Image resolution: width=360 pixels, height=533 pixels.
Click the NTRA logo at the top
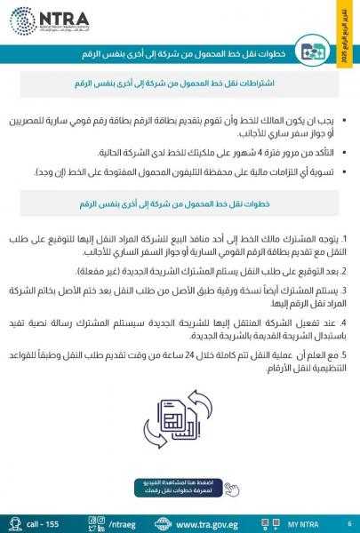point(45,19)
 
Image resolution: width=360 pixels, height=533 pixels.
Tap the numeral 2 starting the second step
point(344,270)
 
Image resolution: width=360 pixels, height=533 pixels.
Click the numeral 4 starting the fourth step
point(344,322)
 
